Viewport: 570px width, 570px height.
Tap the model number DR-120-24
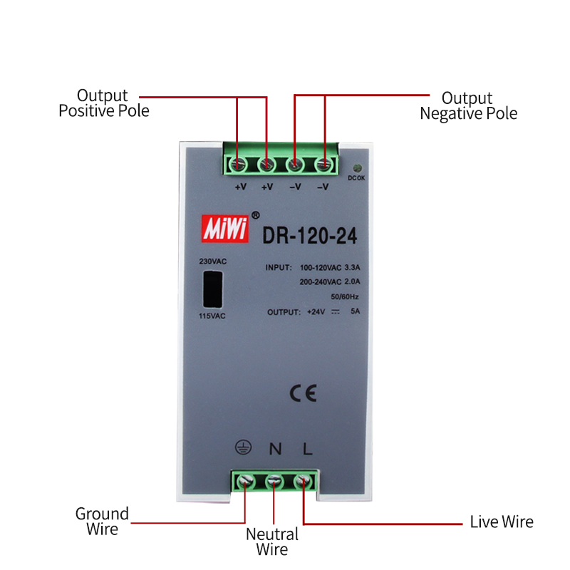click(x=311, y=234)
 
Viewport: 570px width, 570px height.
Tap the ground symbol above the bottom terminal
click(x=244, y=448)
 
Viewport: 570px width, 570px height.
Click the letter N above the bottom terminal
click(x=275, y=449)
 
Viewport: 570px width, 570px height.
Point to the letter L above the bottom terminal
click(x=307, y=449)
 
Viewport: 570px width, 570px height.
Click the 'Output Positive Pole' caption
click(x=103, y=103)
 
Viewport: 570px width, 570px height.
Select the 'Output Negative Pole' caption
click(x=468, y=105)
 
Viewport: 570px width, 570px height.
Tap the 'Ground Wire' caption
click(x=103, y=521)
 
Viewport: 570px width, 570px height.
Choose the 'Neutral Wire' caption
click(x=272, y=541)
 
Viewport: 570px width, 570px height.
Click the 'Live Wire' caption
click(x=501, y=522)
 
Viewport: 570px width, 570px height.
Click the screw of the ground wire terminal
click(x=245, y=482)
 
